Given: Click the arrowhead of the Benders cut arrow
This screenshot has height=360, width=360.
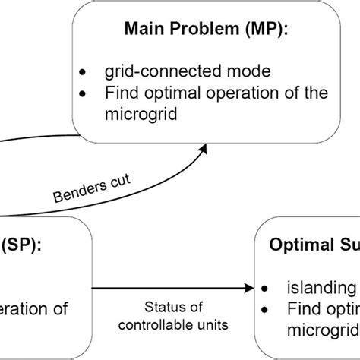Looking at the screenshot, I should [x=206, y=150].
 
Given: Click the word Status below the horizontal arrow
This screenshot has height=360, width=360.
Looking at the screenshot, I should [x=162, y=308].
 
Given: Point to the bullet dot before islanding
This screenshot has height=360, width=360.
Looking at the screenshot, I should [x=266, y=289].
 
